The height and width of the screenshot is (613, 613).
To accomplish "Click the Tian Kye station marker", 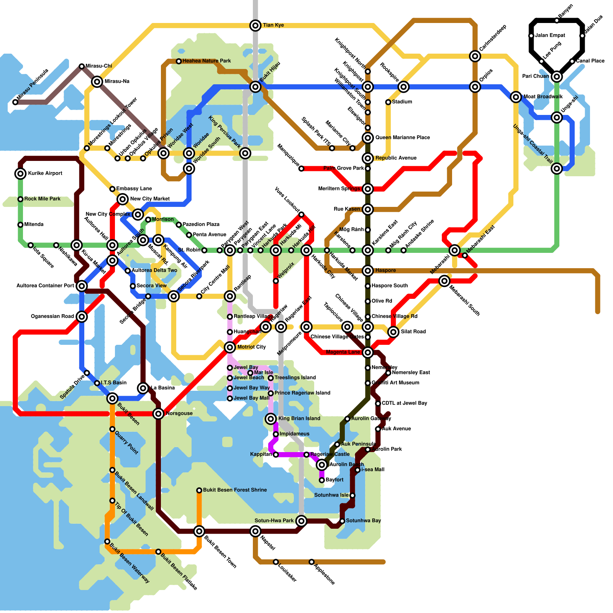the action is (x=256, y=25).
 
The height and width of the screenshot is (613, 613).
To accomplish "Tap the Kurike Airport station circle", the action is (x=20, y=174).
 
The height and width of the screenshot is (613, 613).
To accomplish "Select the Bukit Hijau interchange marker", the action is (x=256, y=87).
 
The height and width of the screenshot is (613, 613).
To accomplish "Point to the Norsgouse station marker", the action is (x=158, y=413).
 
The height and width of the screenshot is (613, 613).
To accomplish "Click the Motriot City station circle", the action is (x=230, y=347).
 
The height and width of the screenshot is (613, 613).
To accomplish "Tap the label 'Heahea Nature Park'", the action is (x=207, y=61).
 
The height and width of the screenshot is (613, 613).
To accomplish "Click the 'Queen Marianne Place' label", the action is (x=402, y=138).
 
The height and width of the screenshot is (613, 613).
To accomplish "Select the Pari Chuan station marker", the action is (x=557, y=77).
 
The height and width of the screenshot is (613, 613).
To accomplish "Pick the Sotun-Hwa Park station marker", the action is (x=302, y=521).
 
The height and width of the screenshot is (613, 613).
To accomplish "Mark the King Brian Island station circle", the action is (x=271, y=419).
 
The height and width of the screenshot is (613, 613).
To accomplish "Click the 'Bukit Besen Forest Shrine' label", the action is (x=235, y=490).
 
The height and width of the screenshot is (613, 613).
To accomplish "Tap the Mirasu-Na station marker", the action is (x=97, y=82).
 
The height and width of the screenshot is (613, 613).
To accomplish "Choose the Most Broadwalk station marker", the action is (x=516, y=97).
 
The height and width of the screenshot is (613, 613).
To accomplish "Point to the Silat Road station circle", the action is (x=393, y=332).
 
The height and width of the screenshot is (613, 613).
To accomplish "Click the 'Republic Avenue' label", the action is (x=396, y=158).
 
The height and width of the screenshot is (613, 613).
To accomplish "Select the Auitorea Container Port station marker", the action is (x=82, y=286).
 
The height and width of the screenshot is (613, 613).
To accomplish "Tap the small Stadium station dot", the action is (x=388, y=102).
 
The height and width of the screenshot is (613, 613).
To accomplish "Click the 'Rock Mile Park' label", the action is (x=42, y=199).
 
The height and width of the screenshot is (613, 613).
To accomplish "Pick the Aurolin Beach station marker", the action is (x=322, y=465).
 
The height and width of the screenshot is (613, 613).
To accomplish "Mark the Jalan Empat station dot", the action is (x=531, y=36).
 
